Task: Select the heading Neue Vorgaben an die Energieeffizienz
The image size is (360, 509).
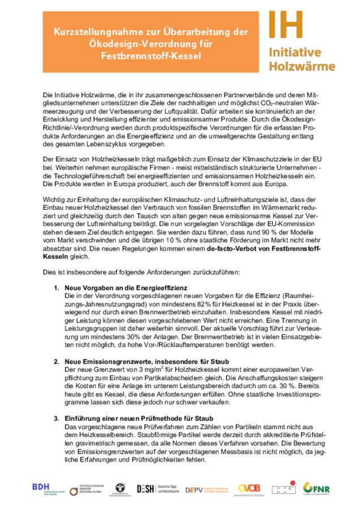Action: click(x=123, y=288)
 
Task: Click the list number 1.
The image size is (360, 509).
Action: click(x=57, y=288)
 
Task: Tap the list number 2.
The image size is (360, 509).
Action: click(x=57, y=361)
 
